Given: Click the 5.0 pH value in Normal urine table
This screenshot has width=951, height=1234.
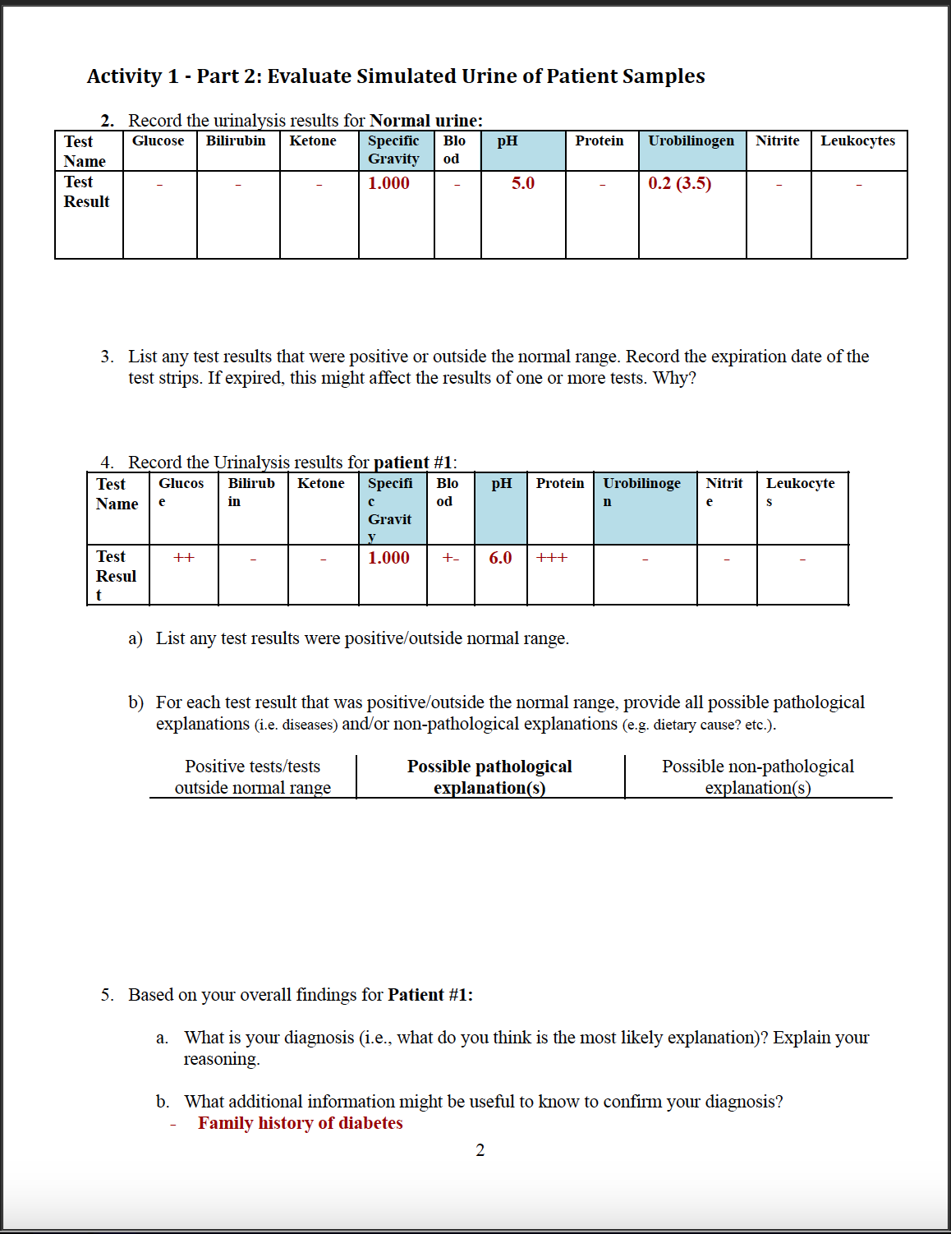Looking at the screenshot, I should click(522, 183).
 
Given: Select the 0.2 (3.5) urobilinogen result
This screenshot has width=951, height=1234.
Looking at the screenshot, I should click(679, 183).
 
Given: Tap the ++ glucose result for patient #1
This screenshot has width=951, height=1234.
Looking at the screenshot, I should click(184, 558).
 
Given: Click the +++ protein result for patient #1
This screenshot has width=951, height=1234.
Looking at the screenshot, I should click(552, 558).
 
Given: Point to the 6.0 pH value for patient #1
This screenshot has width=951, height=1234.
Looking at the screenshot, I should click(500, 558).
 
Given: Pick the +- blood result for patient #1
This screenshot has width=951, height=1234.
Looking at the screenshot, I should click(450, 558).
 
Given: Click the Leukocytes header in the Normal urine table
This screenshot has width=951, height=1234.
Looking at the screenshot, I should click(857, 140).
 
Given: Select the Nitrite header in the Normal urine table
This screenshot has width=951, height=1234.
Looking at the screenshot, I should click(777, 140).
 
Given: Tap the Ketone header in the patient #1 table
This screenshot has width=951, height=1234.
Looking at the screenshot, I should click(320, 483).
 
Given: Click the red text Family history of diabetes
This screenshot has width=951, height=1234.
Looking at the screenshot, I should click(300, 1123).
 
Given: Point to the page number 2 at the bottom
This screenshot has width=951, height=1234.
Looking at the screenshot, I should click(480, 1150).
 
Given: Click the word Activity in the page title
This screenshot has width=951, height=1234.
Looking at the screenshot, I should click(124, 76).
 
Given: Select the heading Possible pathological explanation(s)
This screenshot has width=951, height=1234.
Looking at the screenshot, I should click(489, 776).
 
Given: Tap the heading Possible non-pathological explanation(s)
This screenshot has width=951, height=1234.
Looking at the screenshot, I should click(757, 776).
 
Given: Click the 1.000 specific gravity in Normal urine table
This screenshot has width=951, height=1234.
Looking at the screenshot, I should click(388, 183).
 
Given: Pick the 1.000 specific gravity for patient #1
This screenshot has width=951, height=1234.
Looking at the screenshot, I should click(388, 558).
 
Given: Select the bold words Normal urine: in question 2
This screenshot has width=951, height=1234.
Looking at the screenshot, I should click(425, 121).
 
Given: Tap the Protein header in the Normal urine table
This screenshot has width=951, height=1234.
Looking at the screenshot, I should click(599, 140).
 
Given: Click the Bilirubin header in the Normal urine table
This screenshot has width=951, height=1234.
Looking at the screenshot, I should click(236, 140).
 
